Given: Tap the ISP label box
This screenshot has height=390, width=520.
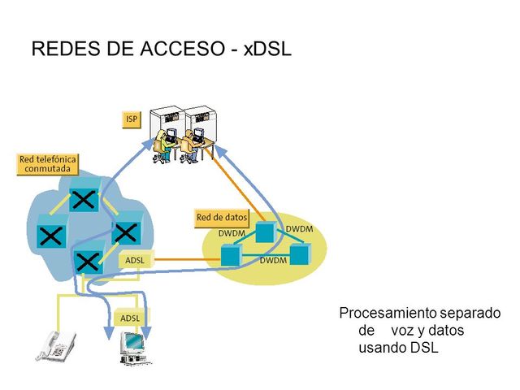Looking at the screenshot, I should pos(131,119).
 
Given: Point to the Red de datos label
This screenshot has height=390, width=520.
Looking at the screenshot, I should pos(221,218).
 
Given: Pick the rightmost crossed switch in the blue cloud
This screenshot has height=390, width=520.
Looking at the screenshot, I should pos(124,232).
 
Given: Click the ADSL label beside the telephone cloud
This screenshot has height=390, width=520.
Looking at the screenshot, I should pos(134,260).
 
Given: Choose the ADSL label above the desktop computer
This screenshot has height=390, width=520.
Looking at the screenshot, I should pos(132,318).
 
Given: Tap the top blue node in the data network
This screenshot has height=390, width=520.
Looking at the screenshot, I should pos(263,232).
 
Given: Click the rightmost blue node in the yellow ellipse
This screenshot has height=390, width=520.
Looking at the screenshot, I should pos(301,253).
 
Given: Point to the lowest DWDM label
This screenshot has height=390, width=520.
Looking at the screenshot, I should pos(274,261).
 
